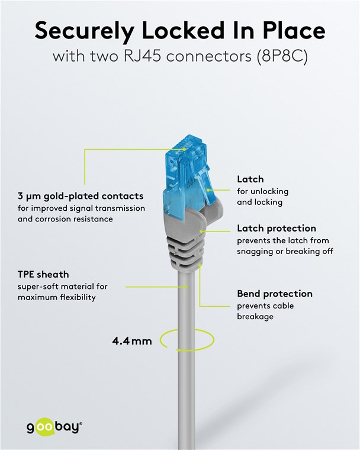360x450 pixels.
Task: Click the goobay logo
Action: click(x=54, y=427)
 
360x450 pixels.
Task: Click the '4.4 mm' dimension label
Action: click(x=132, y=341)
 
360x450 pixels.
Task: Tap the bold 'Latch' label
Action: click(x=250, y=179)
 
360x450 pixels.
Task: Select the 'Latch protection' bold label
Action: click(x=276, y=229)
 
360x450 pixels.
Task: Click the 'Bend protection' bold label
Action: click(x=274, y=294)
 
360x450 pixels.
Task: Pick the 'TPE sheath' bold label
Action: click(x=43, y=275)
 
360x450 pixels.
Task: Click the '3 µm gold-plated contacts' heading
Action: click(x=80, y=196)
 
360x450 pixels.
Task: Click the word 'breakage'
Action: click(x=255, y=317)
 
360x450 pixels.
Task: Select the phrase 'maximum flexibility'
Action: click(x=56, y=297)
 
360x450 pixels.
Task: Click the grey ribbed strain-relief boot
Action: click(x=187, y=243)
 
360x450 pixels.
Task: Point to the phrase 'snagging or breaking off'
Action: click(x=285, y=251)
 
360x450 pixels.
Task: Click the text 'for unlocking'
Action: click(x=263, y=191)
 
